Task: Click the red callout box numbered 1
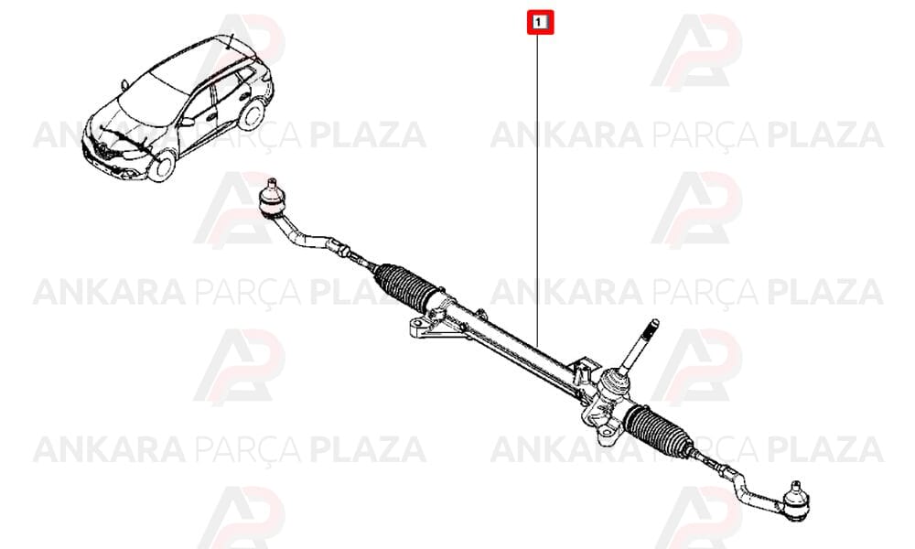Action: (x=540, y=23)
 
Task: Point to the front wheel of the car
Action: (x=162, y=166)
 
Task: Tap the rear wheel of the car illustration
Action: (x=252, y=114)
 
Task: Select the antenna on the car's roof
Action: (x=231, y=41)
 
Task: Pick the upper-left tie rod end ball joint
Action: (x=272, y=199)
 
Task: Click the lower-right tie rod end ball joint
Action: (x=795, y=500)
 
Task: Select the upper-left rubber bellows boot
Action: (x=404, y=286)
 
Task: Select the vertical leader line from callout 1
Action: (x=537, y=189)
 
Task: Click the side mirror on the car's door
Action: (x=187, y=122)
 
